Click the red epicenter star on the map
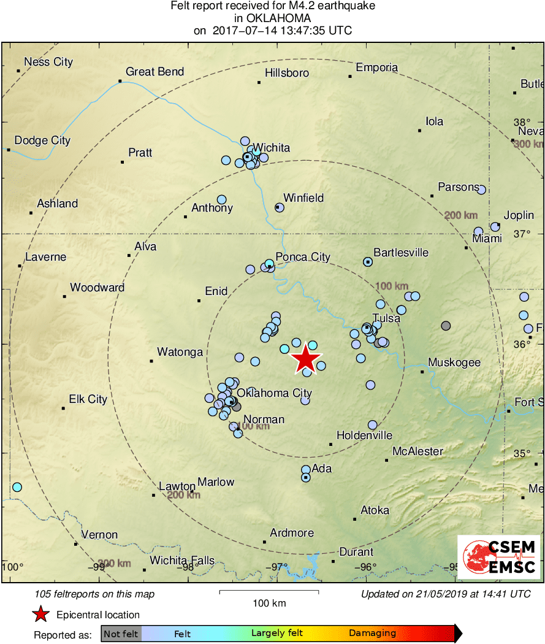coord(305,359)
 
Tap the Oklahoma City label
coord(274,393)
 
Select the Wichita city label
coord(271,148)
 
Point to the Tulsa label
coord(386,318)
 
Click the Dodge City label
coord(42,140)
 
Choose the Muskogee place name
coord(454,362)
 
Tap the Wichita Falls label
coord(182,560)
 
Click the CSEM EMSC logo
coord(499,557)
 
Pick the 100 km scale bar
coord(269,592)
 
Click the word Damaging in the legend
coord(372,634)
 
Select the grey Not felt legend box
coord(121,634)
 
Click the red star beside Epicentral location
coord(40,614)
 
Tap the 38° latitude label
coord(522,121)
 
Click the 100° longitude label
coord(12,566)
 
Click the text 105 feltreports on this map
coord(95,594)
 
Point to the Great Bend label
coord(154,72)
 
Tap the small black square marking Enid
coord(199,301)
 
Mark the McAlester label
coord(417,451)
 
